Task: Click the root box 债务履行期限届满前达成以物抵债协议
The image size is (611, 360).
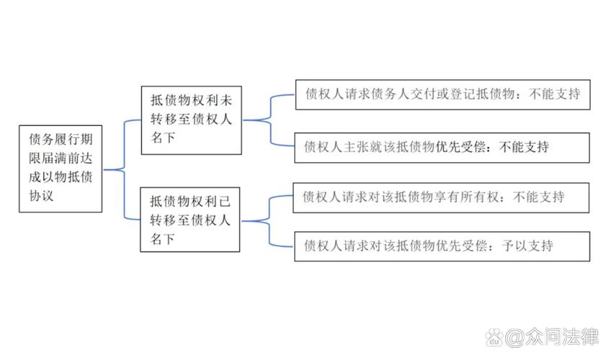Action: point(61,168)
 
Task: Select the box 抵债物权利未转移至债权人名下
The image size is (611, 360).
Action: point(189,120)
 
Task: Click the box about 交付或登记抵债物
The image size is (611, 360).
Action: point(442,94)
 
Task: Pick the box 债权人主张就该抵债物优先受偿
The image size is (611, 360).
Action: point(442,147)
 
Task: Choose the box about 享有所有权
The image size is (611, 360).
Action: point(441,197)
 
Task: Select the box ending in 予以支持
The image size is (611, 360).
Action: point(441,246)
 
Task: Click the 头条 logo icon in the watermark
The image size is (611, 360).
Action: point(495,337)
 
